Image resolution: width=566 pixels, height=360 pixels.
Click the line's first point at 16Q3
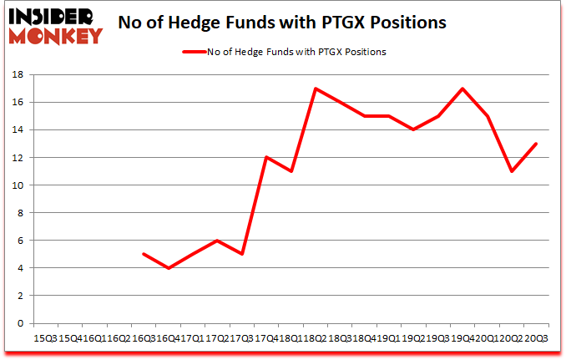[144, 254]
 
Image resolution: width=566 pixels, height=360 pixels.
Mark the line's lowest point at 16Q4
[169, 268]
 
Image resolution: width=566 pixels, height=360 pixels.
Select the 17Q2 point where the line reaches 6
[217, 241]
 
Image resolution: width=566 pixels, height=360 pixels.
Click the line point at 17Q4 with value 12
[266, 158]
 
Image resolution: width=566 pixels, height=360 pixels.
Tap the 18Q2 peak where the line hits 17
[316, 89]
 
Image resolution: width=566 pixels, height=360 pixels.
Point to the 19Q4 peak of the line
[462, 89]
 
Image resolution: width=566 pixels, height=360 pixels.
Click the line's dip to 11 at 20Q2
[512, 171]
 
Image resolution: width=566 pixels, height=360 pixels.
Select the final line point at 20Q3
[536, 144]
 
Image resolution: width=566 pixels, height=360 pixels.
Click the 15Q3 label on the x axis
[45, 338]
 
